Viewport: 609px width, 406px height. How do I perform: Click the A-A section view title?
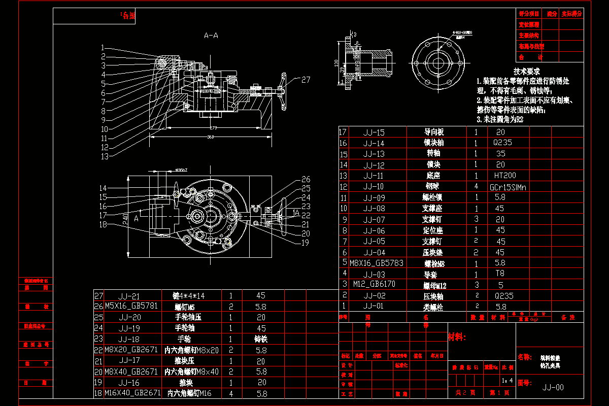click(x=211, y=36)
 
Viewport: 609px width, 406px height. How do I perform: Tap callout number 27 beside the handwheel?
click(x=306, y=80)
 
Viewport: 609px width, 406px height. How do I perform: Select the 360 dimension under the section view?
click(x=210, y=137)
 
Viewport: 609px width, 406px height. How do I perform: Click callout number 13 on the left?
click(x=105, y=156)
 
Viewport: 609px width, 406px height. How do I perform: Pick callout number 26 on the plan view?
click(x=306, y=179)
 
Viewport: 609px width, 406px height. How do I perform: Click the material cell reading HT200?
click(x=504, y=176)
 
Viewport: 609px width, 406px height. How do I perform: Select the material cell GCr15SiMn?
click(x=508, y=187)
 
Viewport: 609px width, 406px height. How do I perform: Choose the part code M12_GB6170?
click(x=374, y=284)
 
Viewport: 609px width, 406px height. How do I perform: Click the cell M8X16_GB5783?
click(x=376, y=263)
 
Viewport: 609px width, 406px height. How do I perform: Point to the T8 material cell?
click(x=500, y=273)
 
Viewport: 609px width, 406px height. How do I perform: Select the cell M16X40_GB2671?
click(x=132, y=393)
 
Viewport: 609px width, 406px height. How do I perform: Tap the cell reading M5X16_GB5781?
click(x=131, y=306)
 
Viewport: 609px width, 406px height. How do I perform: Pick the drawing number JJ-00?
click(x=553, y=387)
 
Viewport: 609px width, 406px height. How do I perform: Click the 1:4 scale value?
click(x=506, y=380)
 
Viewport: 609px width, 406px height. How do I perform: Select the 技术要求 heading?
click(x=526, y=72)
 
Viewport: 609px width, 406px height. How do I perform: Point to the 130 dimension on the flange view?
click(x=336, y=63)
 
